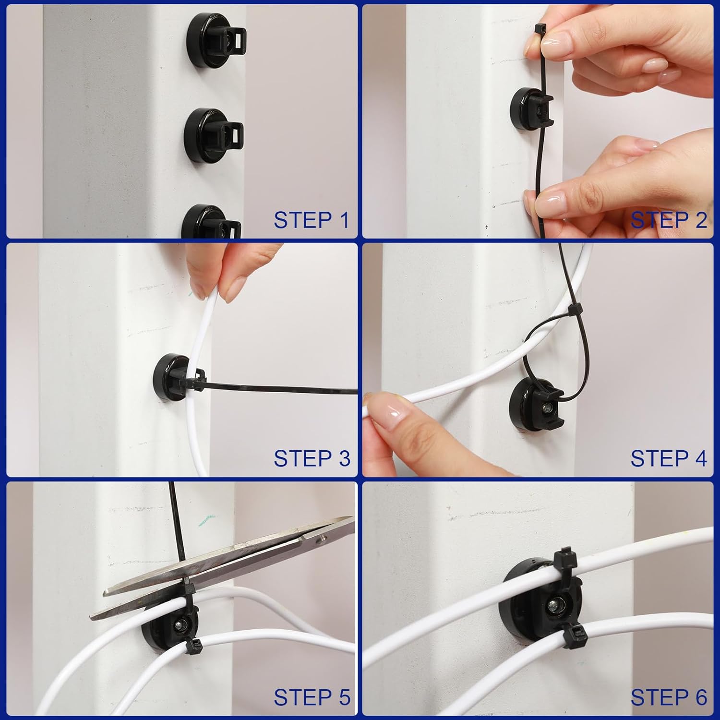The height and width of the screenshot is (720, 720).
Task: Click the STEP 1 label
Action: pyautogui.click(x=311, y=220)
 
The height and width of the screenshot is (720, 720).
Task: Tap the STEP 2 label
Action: pyautogui.click(x=668, y=220)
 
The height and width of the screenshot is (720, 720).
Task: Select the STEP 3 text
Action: pyautogui.click(x=311, y=458)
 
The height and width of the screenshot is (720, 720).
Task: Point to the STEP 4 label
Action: pyautogui.click(x=668, y=458)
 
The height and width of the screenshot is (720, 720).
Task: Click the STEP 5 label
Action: pyautogui.click(x=311, y=697)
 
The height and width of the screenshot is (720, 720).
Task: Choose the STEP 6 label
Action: pyautogui.click(x=668, y=697)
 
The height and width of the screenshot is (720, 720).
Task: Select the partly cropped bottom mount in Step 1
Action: pyautogui.click(x=210, y=223)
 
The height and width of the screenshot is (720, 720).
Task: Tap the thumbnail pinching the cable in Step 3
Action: pyautogui.click(x=198, y=288)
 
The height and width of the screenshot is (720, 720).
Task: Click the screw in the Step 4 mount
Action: pyautogui.click(x=547, y=409)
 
